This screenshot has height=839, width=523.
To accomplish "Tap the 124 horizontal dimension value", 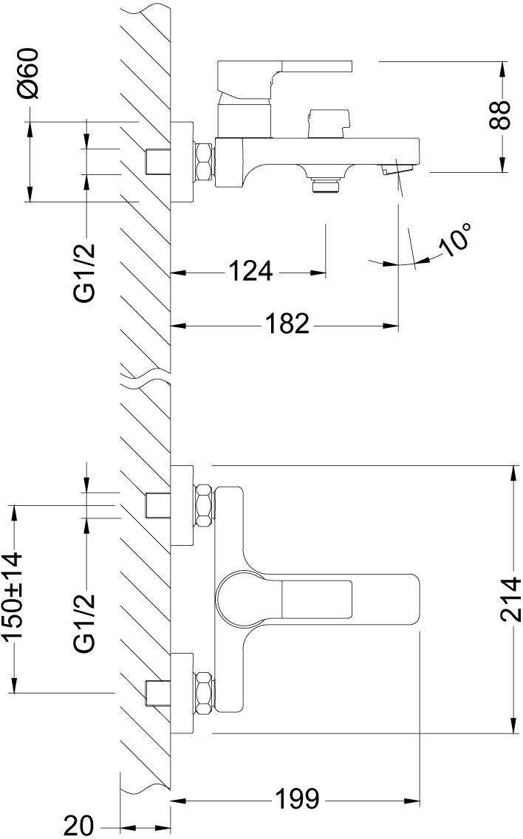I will [x=249, y=272].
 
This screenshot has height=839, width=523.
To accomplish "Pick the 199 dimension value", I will [x=296, y=799].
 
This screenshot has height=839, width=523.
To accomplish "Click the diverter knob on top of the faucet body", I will [x=327, y=123].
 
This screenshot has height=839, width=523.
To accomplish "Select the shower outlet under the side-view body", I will [x=324, y=184].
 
